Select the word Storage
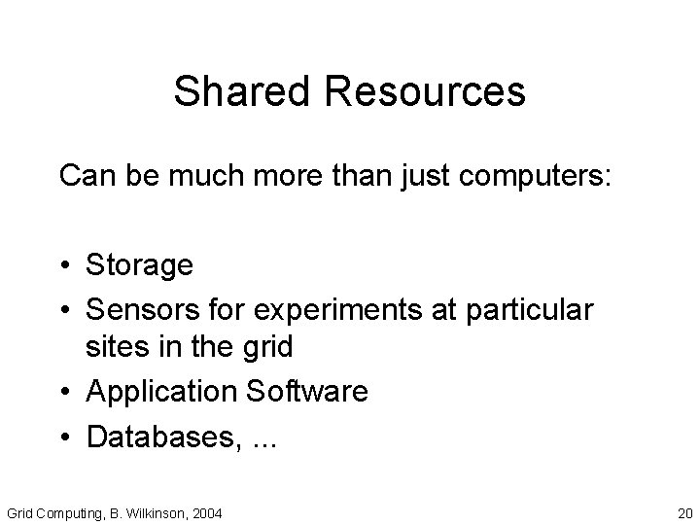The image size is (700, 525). pos(140,264)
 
